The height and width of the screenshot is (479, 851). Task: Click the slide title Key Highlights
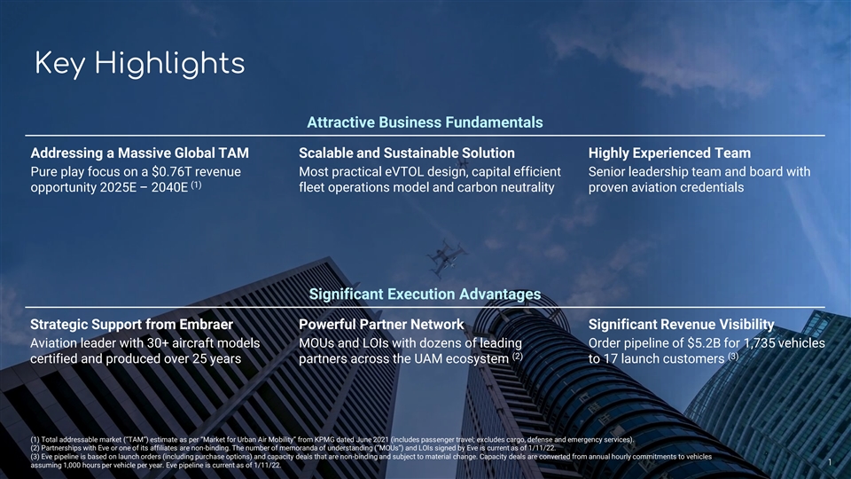[x=139, y=64]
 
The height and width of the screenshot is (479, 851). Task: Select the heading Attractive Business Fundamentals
[x=425, y=122]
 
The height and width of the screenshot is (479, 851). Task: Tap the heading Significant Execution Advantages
[x=425, y=294]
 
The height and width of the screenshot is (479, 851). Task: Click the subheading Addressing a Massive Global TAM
[x=139, y=153]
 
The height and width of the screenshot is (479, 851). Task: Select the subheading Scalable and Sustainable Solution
[x=407, y=153]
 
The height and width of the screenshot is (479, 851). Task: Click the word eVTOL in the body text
[x=404, y=171]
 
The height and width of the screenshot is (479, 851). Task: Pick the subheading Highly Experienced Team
[x=669, y=153]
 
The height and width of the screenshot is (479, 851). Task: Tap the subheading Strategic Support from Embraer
[x=131, y=325]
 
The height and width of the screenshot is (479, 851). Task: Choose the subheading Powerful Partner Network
[x=381, y=325]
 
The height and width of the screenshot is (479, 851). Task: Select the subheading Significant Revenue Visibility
[x=681, y=325]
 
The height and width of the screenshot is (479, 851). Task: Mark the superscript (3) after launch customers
[x=733, y=357]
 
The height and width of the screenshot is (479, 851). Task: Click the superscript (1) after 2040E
[x=196, y=185]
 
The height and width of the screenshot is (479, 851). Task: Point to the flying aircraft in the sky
[x=446, y=257]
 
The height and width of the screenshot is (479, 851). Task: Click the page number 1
[x=830, y=462]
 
